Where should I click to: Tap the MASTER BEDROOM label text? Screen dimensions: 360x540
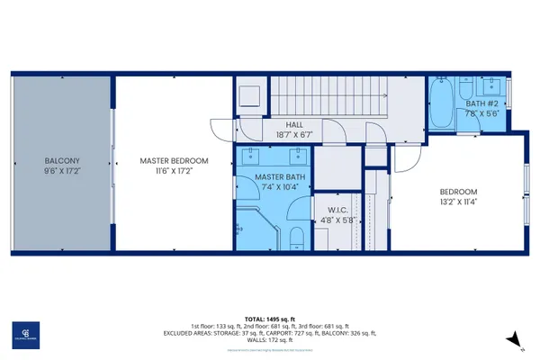[x=174, y=161]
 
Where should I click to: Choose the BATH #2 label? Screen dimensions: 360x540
[x=481, y=103]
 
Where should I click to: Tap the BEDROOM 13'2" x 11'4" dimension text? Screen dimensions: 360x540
[x=457, y=202]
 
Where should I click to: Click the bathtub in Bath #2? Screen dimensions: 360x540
[x=443, y=103]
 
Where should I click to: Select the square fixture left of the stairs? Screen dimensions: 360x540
[x=249, y=94]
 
